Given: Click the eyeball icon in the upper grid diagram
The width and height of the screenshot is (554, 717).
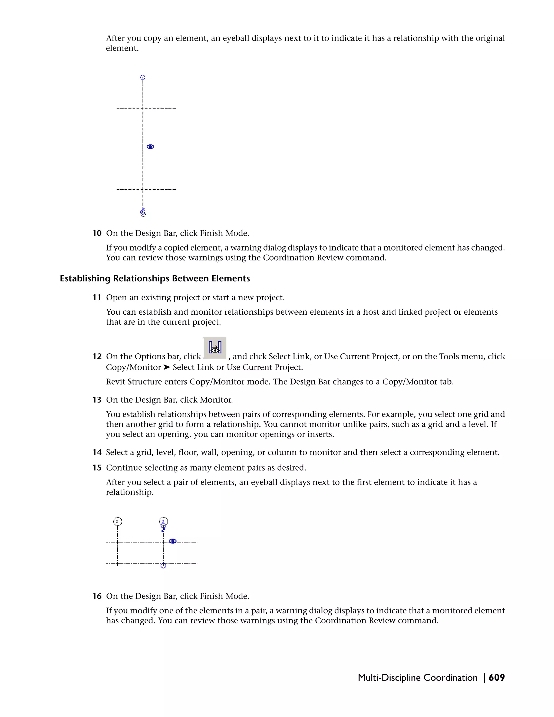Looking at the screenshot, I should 150,147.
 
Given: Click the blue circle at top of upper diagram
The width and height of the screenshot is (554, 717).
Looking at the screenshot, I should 143,77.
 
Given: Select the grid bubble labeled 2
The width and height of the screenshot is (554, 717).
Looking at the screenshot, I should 117,521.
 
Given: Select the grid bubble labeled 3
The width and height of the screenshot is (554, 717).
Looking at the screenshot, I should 163,521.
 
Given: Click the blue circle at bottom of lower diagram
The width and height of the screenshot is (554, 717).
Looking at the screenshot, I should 163,566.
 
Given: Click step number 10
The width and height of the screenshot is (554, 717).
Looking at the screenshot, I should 97,233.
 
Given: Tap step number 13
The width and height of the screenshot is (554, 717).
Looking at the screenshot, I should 97,400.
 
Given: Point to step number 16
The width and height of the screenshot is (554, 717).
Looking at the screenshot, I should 97,596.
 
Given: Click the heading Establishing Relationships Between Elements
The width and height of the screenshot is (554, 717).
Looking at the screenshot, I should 154,278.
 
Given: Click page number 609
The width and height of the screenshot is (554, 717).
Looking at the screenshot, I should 497,677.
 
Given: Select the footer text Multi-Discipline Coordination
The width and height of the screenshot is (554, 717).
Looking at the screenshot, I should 417,677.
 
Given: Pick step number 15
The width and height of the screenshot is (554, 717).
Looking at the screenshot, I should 97,468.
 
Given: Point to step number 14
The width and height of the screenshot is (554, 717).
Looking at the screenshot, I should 97,452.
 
